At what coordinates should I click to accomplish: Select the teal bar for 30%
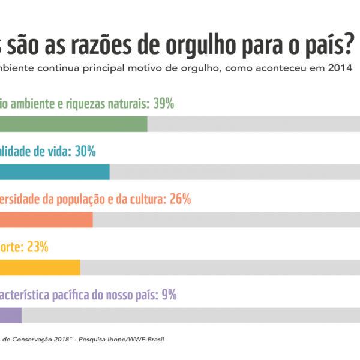54,172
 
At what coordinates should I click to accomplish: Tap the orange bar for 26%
46,220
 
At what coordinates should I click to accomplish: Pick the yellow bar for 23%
40,268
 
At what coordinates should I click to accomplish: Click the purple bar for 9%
11,315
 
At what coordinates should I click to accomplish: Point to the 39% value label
163,104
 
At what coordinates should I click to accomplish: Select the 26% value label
181,199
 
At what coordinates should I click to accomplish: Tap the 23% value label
38,247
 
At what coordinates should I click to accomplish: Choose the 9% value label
169,295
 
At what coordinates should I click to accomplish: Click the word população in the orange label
74,199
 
